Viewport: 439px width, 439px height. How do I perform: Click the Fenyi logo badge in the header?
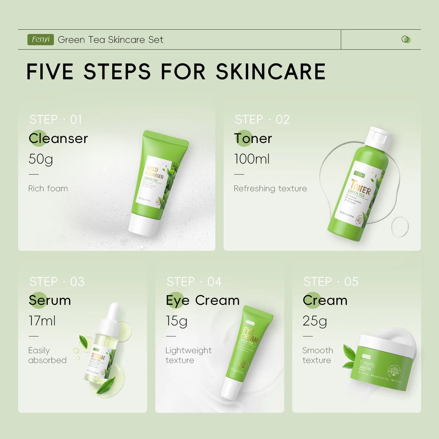click(x=40, y=40)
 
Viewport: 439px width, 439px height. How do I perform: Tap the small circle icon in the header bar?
click(x=406, y=40)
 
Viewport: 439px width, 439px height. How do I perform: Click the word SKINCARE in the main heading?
click(x=271, y=72)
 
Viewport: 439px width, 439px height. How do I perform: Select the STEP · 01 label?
click(x=56, y=120)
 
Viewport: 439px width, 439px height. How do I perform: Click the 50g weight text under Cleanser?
click(x=41, y=159)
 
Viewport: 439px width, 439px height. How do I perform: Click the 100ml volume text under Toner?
click(x=252, y=159)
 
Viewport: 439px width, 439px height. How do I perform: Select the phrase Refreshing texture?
click(x=270, y=188)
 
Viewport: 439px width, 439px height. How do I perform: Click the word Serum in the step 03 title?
click(x=50, y=300)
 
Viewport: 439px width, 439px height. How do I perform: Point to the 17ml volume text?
click(x=42, y=321)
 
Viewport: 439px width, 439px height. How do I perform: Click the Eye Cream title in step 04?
click(x=202, y=300)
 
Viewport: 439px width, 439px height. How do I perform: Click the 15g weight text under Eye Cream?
click(x=176, y=321)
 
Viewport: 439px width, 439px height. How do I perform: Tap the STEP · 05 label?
click(x=331, y=282)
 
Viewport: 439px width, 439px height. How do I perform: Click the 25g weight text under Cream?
click(x=315, y=321)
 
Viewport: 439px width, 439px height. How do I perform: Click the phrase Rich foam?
click(x=48, y=188)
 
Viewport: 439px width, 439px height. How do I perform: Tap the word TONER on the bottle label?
click(x=361, y=187)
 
